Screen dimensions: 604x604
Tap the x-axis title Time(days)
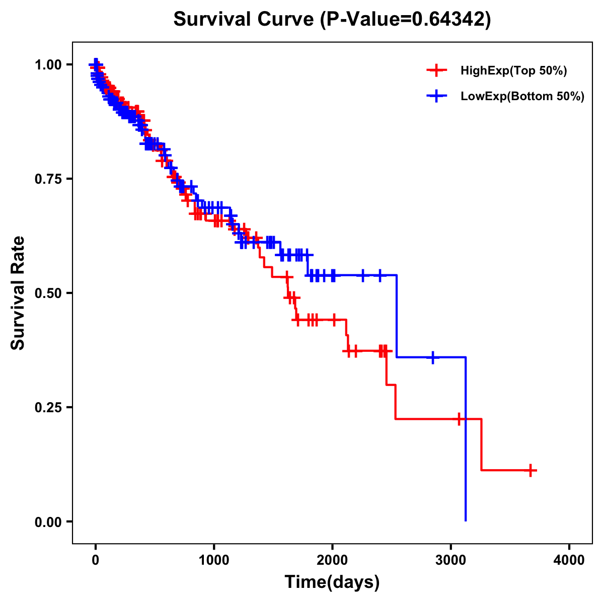point(332,582)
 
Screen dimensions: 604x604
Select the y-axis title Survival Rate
point(18,293)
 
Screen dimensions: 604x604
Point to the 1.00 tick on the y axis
point(48,65)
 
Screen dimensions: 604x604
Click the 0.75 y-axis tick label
point(48,179)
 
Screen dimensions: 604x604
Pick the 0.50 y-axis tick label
point(48,293)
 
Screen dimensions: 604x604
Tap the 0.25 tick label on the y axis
point(48,407)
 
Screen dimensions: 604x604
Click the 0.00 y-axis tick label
point(48,521)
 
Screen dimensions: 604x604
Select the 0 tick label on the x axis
point(96,560)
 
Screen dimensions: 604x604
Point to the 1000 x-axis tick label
point(214,560)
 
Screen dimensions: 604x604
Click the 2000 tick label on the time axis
point(332,560)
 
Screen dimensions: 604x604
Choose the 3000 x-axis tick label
point(451,560)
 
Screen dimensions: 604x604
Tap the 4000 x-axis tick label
point(569,560)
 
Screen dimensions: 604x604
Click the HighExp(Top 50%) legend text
point(514,71)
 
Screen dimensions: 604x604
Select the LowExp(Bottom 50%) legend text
point(522,97)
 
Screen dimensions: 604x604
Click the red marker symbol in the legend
point(436,70)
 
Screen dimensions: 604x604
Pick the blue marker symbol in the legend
point(436,96)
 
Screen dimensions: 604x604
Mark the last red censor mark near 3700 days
point(530,470)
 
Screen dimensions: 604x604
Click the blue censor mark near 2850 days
point(432,357)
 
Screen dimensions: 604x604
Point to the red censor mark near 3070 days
point(459,419)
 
